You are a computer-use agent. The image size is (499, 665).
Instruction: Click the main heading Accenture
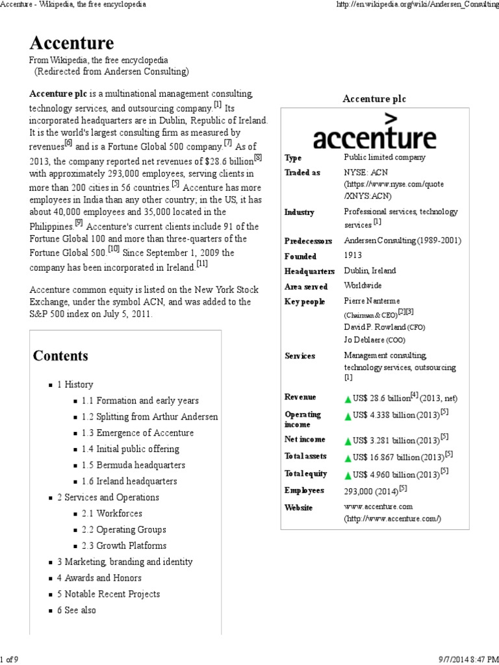[x=71, y=44]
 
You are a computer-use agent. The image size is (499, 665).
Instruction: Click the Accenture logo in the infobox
[x=374, y=132]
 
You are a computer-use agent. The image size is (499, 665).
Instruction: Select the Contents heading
[x=60, y=356]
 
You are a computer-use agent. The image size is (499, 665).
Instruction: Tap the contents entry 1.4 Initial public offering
[x=130, y=449]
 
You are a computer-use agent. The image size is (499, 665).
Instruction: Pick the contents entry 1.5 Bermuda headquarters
[x=133, y=465]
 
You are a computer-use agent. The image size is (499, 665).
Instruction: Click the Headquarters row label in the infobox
[x=309, y=271]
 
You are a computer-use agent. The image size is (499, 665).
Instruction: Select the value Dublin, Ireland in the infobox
[x=370, y=271]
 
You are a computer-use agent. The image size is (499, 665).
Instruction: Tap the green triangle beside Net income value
[x=348, y=440]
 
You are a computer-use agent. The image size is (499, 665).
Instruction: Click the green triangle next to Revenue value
[x=348, y=398]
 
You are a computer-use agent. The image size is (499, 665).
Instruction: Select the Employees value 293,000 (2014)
[x=375, y=490]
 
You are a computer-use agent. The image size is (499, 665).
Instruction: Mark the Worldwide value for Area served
[x=363, y=286]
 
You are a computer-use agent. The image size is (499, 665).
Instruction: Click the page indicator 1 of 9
[x=10, y=660]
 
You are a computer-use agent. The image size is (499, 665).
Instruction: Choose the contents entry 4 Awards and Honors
[x=99, y=578]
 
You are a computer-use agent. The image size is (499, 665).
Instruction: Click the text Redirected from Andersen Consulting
[x=111, y=71]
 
